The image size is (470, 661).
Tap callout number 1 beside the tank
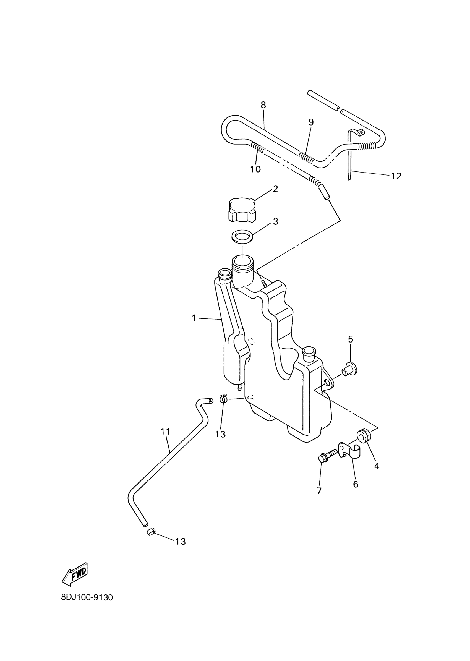point(194,318)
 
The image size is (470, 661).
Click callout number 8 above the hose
point(263,105)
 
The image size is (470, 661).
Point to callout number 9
point(311,122)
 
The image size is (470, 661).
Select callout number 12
point(396,176)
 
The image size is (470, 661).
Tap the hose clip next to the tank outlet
point(223,399)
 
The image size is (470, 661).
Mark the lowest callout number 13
point(181,542)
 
